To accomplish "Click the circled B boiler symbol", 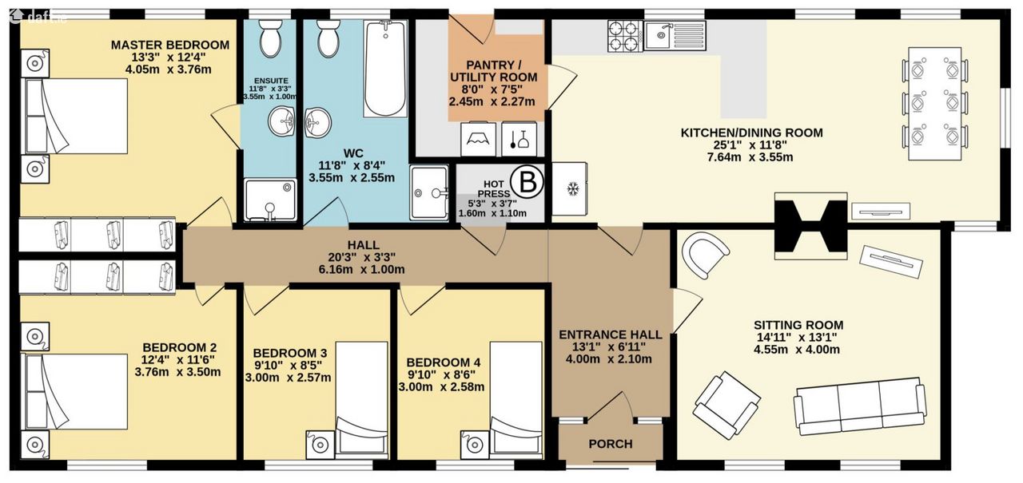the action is (x=528, y=183).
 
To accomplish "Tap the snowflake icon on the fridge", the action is (x=571, y=189).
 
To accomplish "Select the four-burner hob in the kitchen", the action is (x=625, y=36).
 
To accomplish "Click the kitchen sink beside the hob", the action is (x=675, y=36).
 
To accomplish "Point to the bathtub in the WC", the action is (x=385, y=69).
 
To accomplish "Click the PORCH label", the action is (x=610, y=444).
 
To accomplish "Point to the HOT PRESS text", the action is (x=493, y=189).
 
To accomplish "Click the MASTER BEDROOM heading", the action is (x=170, y=46).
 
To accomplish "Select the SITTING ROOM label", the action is (x=798, y=325).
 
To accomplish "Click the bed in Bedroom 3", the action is (x=362, y=400).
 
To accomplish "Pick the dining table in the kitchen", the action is (x=935, y=104).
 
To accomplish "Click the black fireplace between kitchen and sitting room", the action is (x=810, y=226).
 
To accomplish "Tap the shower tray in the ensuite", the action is (x=270, y=200).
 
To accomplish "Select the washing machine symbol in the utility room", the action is (x=478, y=139).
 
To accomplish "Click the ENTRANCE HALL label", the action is (x=610, y=335).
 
